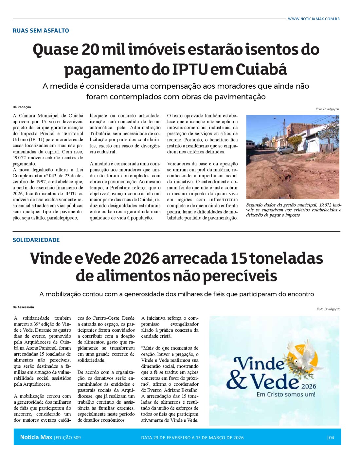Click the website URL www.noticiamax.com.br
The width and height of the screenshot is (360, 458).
pos(314,19)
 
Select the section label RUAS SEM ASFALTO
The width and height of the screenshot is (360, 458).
pos(41,30)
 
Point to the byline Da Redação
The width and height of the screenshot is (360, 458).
pos(22,107)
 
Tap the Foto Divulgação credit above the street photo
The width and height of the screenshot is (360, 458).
pos(327,109)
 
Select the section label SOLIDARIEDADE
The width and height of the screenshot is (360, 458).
pos(36,240)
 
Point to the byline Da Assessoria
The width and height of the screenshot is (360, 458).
pos(23,307)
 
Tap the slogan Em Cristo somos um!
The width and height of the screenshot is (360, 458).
pos(286,395)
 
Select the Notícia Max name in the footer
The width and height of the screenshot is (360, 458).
pos(36,437)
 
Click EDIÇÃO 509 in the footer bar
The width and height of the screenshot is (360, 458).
pos(68,438)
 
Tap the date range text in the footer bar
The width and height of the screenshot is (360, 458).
pos(192,438)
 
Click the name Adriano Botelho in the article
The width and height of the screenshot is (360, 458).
pos(183,390)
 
